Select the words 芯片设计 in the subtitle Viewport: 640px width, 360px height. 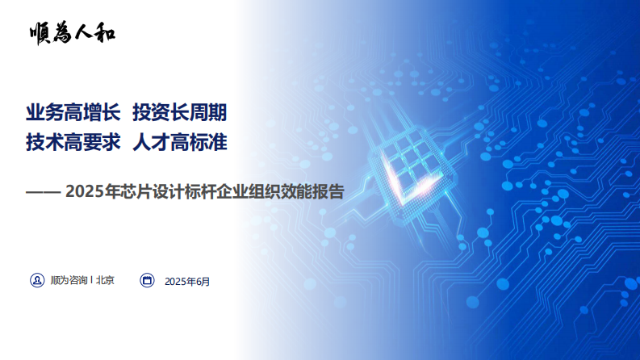pos(143,192)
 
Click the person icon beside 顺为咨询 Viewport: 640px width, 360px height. pos(36,281)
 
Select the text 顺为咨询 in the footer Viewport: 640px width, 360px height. pos(69,281)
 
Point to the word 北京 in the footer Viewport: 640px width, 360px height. pos(105,281)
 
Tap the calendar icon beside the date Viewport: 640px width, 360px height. pos(147,281)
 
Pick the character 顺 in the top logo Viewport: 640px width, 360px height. pos(39,32)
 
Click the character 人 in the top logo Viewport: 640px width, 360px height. pos(83,32)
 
